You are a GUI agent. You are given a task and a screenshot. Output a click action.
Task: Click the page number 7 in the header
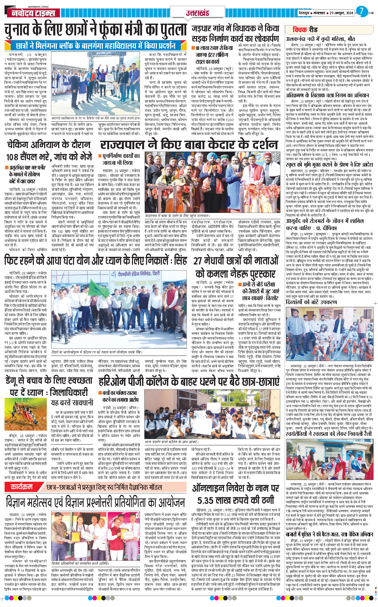click(362, 11)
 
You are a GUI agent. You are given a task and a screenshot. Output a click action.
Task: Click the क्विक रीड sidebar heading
click(305, 30)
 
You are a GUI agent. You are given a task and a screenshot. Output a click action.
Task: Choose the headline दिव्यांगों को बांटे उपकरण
click(311, 302)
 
